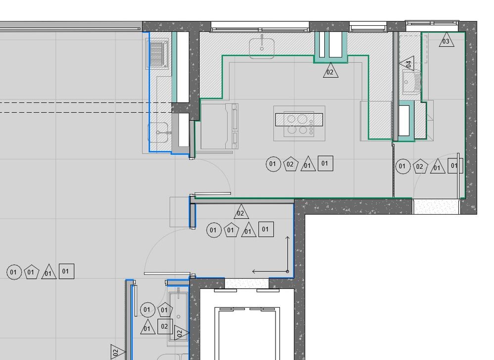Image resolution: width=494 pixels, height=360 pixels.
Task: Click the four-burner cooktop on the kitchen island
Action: click(299, 124)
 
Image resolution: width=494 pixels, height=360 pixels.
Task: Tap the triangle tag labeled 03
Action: click(447, 40)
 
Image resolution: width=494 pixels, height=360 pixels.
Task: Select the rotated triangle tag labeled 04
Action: click(407, 64)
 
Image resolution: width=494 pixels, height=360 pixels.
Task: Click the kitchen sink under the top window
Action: click(262, 47)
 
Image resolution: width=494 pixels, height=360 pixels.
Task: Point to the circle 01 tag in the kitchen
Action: click(273, 164)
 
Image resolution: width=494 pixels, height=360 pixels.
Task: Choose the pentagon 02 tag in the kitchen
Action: click(290, 164)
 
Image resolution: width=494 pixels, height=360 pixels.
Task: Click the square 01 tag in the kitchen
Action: click(325, 164)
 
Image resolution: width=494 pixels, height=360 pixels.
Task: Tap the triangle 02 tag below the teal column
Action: click(330, 71)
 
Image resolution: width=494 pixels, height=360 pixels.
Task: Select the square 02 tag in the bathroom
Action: click(165, 326)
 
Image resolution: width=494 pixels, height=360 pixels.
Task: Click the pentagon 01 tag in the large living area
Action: click(31, 272)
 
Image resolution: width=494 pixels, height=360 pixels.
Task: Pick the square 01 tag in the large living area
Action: click(66, 271)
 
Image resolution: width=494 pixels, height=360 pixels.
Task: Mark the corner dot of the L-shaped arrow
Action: click(287, 271)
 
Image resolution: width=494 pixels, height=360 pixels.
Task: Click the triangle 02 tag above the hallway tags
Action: click(241, 212)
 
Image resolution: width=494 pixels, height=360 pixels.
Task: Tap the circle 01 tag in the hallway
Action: click(214, 230)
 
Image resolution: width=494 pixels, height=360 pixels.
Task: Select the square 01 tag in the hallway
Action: click(266, 229)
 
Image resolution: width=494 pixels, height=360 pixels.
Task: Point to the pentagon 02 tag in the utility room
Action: click(420, 167)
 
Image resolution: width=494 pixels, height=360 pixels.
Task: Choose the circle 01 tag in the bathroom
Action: click(147, 310)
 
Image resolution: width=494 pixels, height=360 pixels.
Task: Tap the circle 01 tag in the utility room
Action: click(403, 166)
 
